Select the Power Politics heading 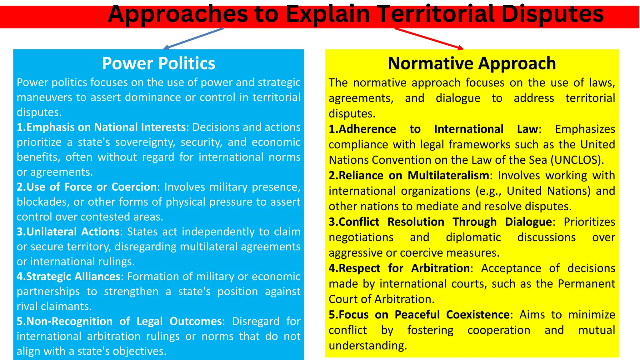(x=158, y=63)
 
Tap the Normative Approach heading (x=472, y=63)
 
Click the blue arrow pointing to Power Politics (x=194, y=38)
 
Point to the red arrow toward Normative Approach (x=429, y=39)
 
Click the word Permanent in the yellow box (x=586, y=284)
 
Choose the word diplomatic (x=473, y=237)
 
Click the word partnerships (x=48, y=292)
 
